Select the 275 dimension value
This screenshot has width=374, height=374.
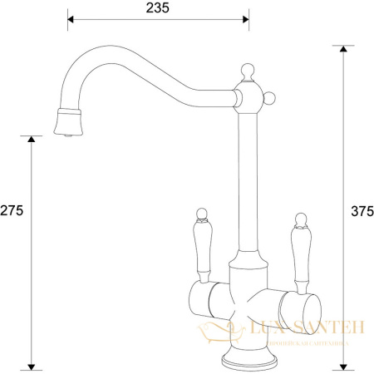coord(12,211)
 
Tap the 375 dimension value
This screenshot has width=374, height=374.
coord(360,211)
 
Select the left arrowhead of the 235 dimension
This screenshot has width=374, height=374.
coord(71,18)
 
